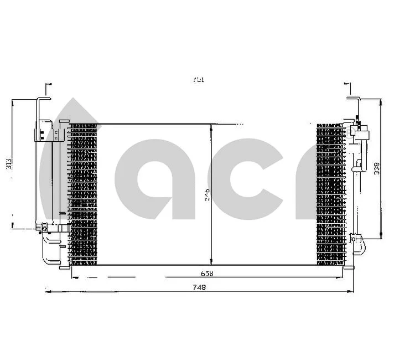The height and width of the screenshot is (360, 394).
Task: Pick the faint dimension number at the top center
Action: click(x=198, y=80)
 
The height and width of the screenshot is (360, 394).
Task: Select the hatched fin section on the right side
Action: click(x=330, y=193)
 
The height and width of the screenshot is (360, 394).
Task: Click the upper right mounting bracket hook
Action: click(x=354, y=102)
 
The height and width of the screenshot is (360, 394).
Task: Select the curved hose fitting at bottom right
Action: click(x=359, y=244)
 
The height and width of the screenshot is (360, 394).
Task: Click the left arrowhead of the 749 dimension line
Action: click(x=47, y=290)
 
